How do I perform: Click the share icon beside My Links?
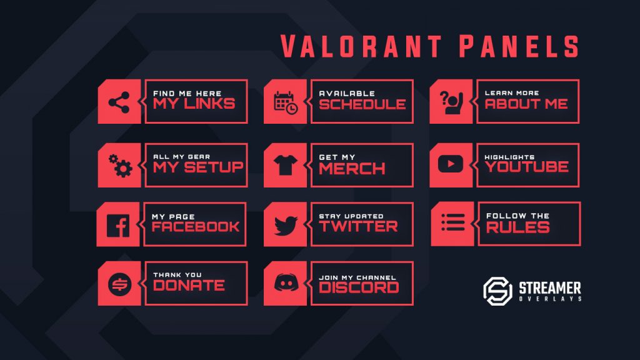119,102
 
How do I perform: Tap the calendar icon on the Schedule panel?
286,102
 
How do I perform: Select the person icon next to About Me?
450,102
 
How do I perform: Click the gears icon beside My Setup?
120,165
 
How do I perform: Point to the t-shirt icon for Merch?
285,166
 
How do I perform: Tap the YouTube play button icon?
450,164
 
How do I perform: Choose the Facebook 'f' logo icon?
118,225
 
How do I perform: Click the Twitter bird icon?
285,225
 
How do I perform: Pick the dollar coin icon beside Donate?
117,284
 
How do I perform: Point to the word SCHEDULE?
362,104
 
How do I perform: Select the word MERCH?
352,168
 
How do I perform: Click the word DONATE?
189,286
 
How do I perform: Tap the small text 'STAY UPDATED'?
351,216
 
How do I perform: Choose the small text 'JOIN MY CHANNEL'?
357,277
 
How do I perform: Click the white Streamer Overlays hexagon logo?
497,291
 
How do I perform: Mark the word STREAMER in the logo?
550,287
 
